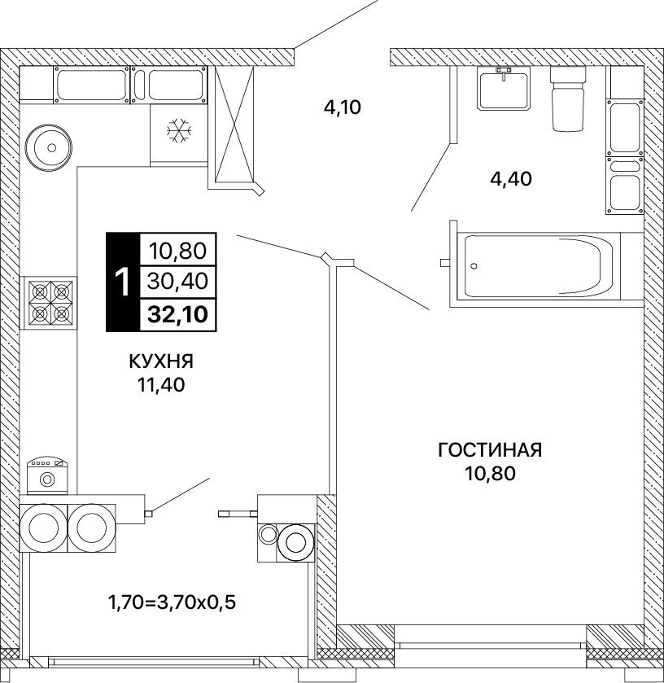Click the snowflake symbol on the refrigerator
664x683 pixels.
coord(179,130)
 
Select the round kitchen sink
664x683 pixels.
coord(48,147)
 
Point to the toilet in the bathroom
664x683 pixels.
coord(568,99)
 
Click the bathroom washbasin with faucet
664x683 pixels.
coord(504,88)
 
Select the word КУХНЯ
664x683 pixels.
coord(161,361)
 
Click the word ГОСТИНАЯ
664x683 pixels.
coord(490,450)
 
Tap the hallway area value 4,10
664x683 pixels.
coord(343,107)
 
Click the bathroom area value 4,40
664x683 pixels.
coord(511,178)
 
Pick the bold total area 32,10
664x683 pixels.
coord(177,314)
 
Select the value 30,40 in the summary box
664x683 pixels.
coord(177,282)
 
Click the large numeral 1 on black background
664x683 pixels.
coord(123,282)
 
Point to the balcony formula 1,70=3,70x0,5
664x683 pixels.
coord(172,603)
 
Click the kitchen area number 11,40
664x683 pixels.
coord(161,384)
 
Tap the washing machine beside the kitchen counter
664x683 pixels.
coord(47,475)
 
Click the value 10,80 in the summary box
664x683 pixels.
coord(177,251)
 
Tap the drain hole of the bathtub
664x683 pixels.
coord(474,265)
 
